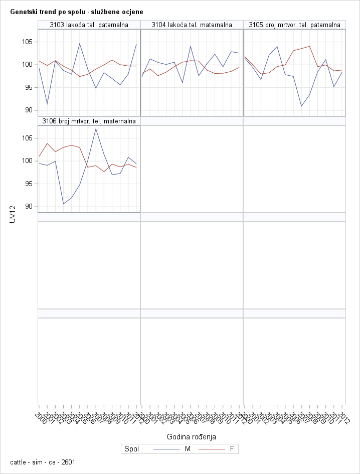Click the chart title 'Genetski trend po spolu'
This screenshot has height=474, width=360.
[x=76, y=12]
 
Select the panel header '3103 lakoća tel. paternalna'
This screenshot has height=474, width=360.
[x=89, y=25]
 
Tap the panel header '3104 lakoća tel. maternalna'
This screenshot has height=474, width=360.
[x=192, y=25]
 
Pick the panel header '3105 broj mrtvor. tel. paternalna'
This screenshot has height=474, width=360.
[x=294, y=25]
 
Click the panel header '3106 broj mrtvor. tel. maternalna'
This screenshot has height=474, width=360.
[x=89, y=121]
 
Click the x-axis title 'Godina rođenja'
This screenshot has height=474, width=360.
[x=191, y=437]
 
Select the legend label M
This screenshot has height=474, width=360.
[x=188, y=449]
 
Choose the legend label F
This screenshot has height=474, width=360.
[x=232, y=449]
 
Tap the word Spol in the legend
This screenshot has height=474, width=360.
[x=131, y=449]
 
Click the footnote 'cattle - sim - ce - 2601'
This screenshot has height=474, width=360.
[x=43, y=462]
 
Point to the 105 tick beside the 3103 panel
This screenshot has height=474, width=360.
[x=28, y=42]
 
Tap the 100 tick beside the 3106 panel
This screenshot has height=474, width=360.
[x=28, y=161]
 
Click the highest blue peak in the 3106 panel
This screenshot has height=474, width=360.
[x=96, y=129]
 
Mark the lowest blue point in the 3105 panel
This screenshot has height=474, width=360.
[x=301, y=106]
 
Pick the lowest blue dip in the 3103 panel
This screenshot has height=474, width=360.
[x=47, y=104]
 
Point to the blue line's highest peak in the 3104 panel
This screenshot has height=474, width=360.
[x=191, y=46]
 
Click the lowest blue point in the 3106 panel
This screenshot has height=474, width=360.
[x=63, y=204]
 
